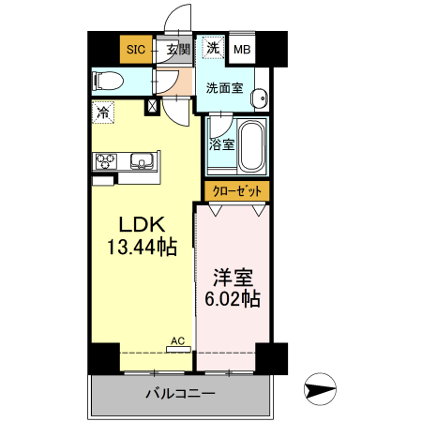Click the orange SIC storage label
[x=136, y=49]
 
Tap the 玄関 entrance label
[x=178, y=49]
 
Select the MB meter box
[x=241, y=49]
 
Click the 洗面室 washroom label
[x=224, y=89]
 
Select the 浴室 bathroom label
[x=221, y=145]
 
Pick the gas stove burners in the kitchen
[x=104, y=161]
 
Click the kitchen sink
[x=143, y=161]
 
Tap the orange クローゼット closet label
[x=237, y=190]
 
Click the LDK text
[x=141, y=225]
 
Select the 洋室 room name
[x=234, y=278]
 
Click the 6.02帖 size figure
[x=234, y=299]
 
